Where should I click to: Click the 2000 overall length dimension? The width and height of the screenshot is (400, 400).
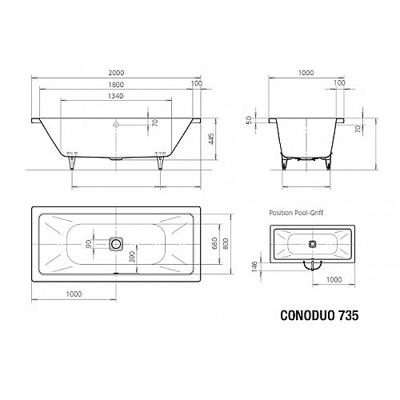[116, 73]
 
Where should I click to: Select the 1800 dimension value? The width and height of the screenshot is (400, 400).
[116, 85]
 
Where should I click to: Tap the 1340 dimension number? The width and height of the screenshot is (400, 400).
[116, 96]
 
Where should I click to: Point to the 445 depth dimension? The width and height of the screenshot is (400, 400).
[211, 139]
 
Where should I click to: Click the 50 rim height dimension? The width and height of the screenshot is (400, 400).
[249, 120]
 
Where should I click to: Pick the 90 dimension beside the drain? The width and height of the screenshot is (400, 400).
[89, 244]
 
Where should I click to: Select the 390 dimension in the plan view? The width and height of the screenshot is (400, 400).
[132, 257]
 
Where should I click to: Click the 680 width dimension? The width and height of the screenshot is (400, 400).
[214, 243]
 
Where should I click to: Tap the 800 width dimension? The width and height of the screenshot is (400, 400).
[226, 243]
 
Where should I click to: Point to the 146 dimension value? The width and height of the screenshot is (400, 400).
[254, 266]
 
